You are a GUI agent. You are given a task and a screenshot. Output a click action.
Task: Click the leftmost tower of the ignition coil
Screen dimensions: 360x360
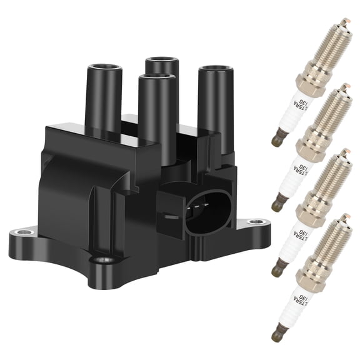point(103,94)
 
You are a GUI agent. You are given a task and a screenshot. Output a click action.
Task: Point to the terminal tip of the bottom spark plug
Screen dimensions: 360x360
point(276,336)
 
